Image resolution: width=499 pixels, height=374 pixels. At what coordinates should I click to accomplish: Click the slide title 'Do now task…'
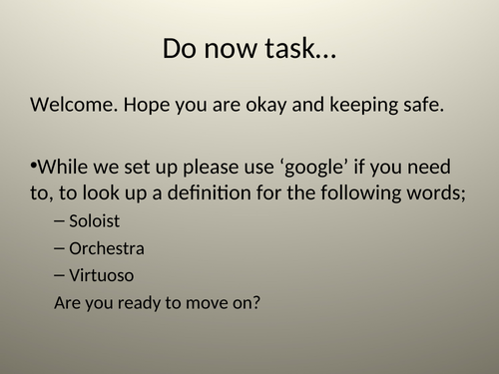(249, 47)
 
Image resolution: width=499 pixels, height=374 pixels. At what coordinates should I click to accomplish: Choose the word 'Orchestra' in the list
(107, 247)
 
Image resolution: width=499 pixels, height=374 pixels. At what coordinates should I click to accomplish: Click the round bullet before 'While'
(34, 163)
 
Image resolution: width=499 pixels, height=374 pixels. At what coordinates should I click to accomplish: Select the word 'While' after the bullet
(63, 164)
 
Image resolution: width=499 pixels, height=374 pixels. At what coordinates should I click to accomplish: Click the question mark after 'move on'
(256, 301)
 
